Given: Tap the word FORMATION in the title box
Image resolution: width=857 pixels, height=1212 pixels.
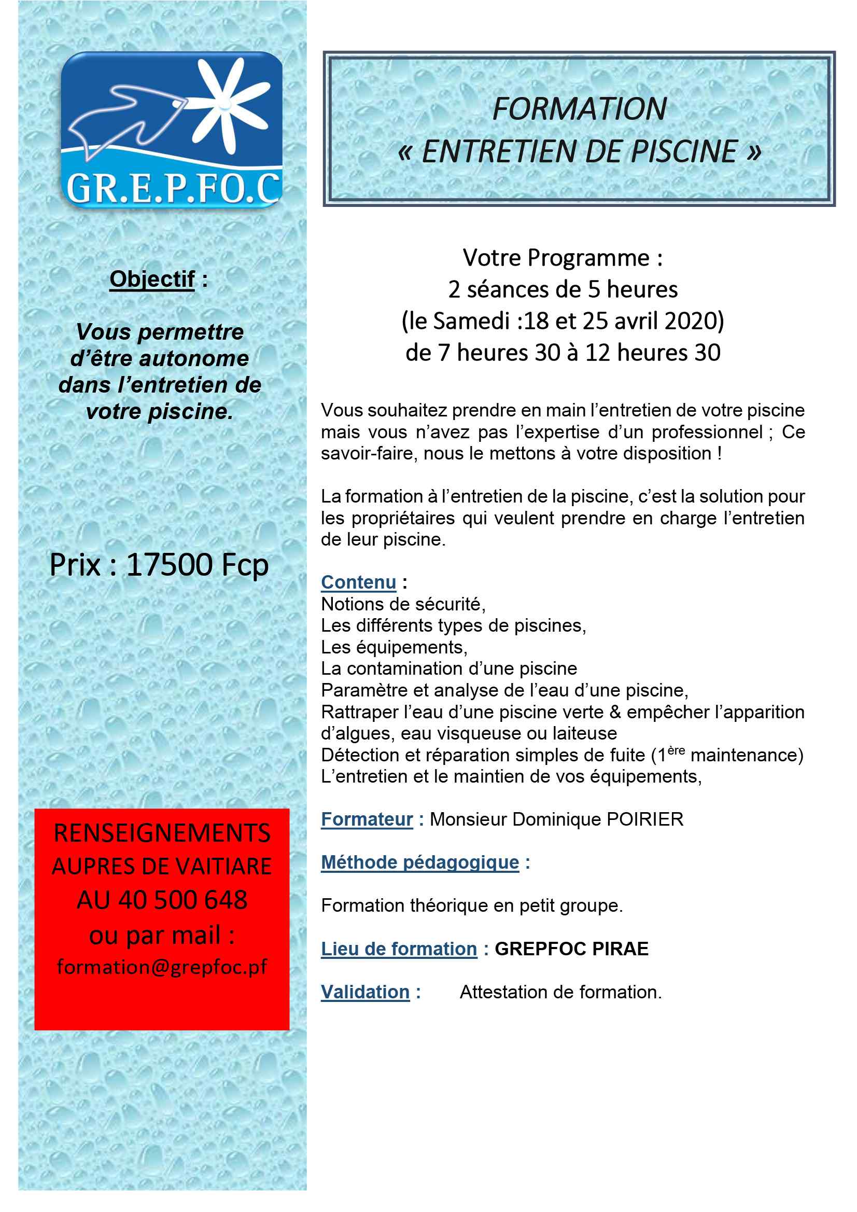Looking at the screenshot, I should tap(580, 109).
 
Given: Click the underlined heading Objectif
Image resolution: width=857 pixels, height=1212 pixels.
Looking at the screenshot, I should tap(152, 279).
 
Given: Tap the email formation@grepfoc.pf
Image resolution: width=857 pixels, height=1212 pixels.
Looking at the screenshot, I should tap(162, 967).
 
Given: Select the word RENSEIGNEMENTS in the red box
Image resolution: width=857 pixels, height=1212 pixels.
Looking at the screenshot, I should tap(162, 833).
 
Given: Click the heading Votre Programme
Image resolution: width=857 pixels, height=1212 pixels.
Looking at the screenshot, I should tap(563, 258).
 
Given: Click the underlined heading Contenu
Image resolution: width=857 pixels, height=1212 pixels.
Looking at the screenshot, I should tap(358, 582).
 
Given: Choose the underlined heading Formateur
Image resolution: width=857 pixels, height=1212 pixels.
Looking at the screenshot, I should tap(367, 819).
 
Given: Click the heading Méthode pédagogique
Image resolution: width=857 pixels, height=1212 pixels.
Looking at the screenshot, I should tap(420, 862).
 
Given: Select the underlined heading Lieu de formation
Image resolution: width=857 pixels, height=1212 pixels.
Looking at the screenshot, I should tap(399, 949).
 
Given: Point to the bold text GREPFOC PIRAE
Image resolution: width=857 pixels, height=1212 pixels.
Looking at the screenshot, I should tap(571, 949).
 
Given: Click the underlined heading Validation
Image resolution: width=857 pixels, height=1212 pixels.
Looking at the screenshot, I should tap(365, 993).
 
